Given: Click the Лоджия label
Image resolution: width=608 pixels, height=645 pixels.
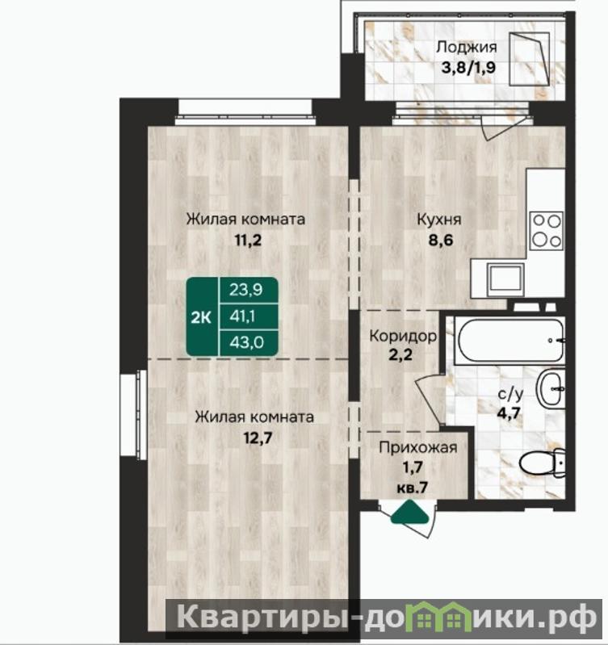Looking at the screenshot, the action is click(x=467, y=48).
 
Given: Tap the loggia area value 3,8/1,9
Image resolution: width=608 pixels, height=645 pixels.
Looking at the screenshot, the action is click(x=468, y=67).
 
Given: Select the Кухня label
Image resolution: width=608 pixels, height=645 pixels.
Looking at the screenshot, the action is click(x=439, y=220).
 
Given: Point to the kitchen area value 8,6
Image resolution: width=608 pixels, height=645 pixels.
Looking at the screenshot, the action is click(x=441, y=240).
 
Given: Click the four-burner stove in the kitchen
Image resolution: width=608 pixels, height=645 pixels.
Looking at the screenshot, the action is click(x=547, y=230).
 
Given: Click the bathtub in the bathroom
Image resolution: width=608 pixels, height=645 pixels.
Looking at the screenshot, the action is click(x=509, y=341).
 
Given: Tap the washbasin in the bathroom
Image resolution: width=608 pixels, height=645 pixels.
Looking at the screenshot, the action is click(x=551, y=389).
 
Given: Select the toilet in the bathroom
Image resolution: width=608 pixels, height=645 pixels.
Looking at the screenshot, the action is click(x=542, y=463).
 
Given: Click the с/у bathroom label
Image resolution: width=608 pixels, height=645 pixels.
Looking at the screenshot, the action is click(x=510, y=394).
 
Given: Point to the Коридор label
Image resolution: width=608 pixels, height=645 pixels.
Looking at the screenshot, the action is click(x=403, y=336).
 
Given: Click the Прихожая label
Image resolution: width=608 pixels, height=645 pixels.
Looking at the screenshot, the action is click(x=418, y=447).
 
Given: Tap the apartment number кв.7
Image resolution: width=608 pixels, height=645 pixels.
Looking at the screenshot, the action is click(x=413, y=488).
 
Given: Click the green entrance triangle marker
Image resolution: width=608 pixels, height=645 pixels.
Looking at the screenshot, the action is click(x=409, y=512).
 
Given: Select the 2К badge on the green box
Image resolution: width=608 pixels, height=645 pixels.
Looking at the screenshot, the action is click(x=201, y=317).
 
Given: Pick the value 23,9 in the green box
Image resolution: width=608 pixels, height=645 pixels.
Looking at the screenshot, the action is click(x=246, y=290).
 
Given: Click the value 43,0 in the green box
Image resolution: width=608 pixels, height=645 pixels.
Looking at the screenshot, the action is click(x=247, y=342).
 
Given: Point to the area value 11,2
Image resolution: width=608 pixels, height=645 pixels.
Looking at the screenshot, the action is click(x=248, y=240).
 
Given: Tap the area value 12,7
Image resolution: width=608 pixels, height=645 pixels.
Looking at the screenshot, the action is click(x=258, y=438).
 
